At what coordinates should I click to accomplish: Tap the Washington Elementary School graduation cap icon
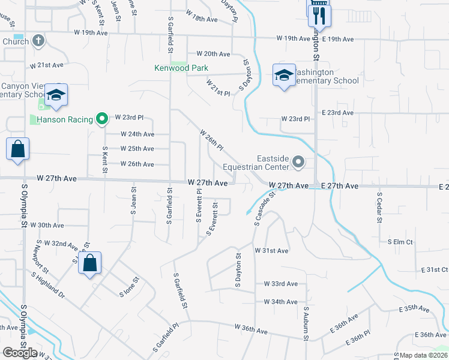[x=284, y=75]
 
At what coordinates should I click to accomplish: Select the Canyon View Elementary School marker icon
[x=56, y=95]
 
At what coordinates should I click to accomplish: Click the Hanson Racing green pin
[x=101, y=119]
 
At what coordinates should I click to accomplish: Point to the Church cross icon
[x=38, y=41]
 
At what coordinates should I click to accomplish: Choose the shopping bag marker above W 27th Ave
[x=18, y=149]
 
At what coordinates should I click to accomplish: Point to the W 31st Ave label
[x=271, y=250]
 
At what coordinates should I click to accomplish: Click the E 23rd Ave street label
[x=337, y=113]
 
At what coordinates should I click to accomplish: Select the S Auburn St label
[x=306, y=326]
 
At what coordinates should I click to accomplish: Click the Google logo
[x=20, y=353]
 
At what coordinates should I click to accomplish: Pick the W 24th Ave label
[x=137, y=134]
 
